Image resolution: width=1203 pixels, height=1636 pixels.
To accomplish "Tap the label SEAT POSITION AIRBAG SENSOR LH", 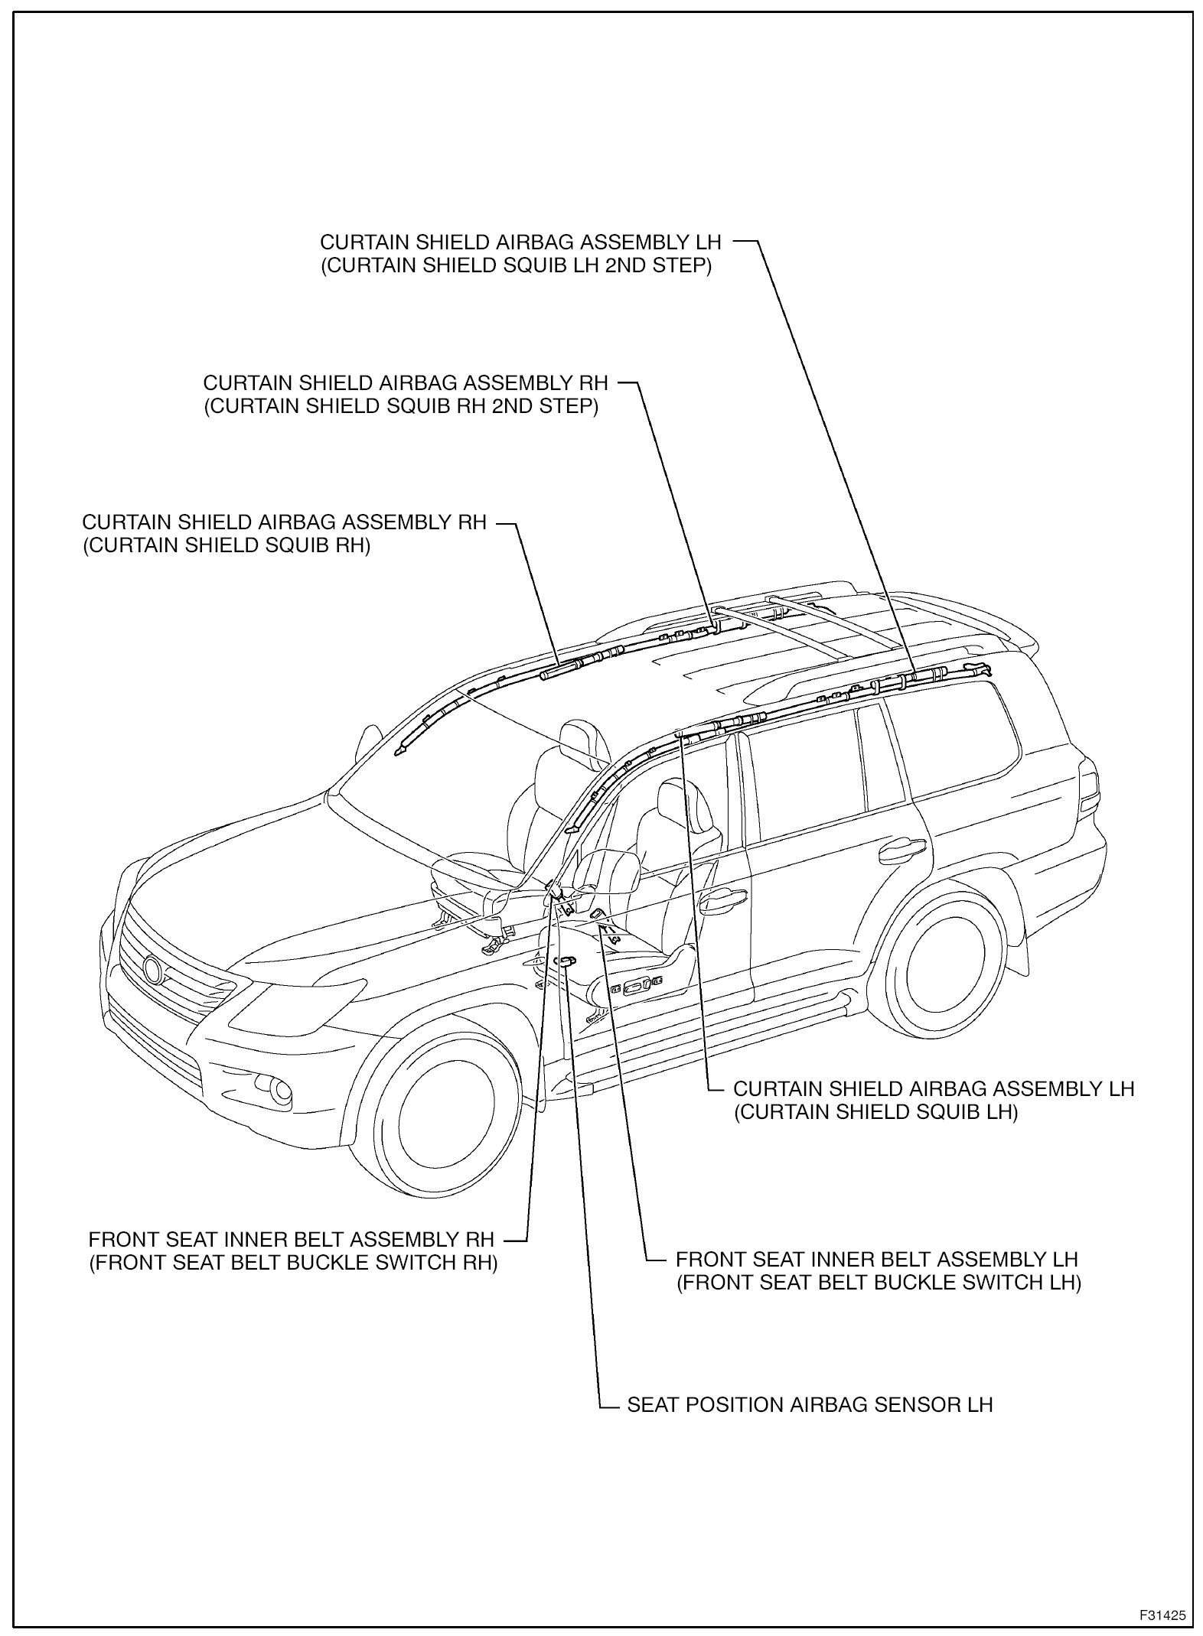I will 810,1405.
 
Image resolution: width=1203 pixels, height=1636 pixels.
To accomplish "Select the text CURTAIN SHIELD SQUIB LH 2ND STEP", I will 517,268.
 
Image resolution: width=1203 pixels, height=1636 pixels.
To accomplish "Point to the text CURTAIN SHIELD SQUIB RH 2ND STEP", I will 401,407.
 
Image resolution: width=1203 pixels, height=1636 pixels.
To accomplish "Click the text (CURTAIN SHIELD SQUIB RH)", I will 227,548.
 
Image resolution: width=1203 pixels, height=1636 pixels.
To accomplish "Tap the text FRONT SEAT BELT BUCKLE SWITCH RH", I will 294,1262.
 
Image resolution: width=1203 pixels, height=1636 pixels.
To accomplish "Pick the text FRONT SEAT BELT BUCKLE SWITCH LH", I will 879,1283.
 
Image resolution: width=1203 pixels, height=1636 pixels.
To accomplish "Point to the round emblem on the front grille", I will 153,970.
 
